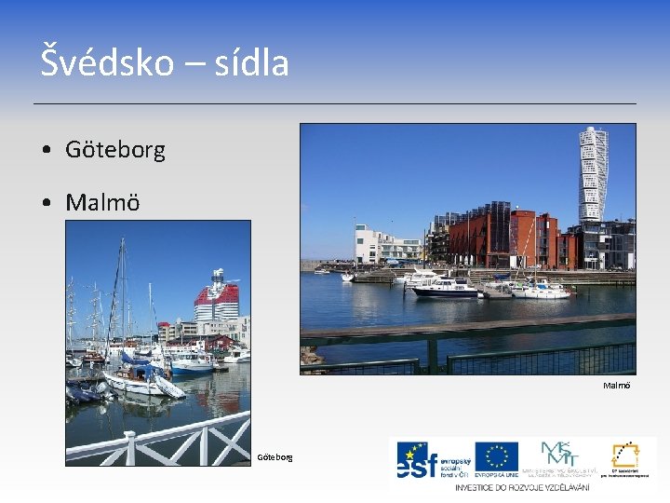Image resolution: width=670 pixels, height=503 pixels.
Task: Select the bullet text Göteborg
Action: tap(115, 149)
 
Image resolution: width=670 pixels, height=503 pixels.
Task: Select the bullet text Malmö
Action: tap(102, 202)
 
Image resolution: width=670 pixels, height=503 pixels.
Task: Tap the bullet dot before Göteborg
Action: tap(46, 150)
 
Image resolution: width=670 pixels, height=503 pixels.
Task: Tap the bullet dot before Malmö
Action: tap(46, 203)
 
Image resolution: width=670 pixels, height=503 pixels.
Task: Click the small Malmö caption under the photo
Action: tap(616, 385)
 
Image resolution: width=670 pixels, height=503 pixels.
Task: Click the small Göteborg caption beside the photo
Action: tap(275, 456)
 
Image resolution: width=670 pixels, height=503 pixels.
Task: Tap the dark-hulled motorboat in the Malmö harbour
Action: tap(444, 290)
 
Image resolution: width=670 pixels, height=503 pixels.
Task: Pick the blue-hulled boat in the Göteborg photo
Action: tap(192, 362)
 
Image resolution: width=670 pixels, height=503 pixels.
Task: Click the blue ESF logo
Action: tap(427, 459)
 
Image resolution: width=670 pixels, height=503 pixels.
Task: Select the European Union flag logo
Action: tap(496, 457)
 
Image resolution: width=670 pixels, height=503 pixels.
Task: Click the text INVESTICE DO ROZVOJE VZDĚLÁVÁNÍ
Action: tap(523, 487)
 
